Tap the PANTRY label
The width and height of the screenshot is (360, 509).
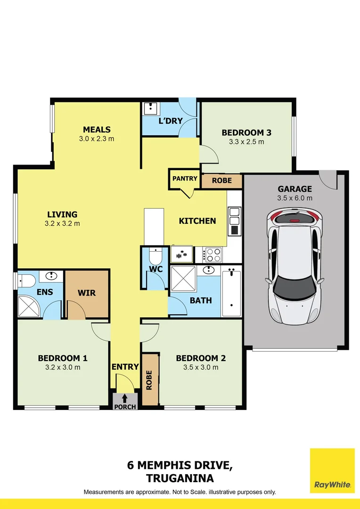point(185,179)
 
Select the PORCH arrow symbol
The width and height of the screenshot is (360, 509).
point(124,398)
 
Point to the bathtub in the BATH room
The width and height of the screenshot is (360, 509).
point(231,293)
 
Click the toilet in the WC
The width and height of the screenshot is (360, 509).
point(155,257)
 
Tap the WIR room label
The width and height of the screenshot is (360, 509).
point(87,293)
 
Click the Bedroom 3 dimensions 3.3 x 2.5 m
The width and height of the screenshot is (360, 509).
point(246,141)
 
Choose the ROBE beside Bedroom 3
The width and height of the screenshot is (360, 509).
point(221,181)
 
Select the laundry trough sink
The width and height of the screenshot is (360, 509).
point(151,109)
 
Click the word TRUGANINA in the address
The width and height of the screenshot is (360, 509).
point(180,478)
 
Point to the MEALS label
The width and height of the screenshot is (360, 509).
point(97,130)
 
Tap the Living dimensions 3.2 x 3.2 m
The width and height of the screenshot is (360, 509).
point(62,223)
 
